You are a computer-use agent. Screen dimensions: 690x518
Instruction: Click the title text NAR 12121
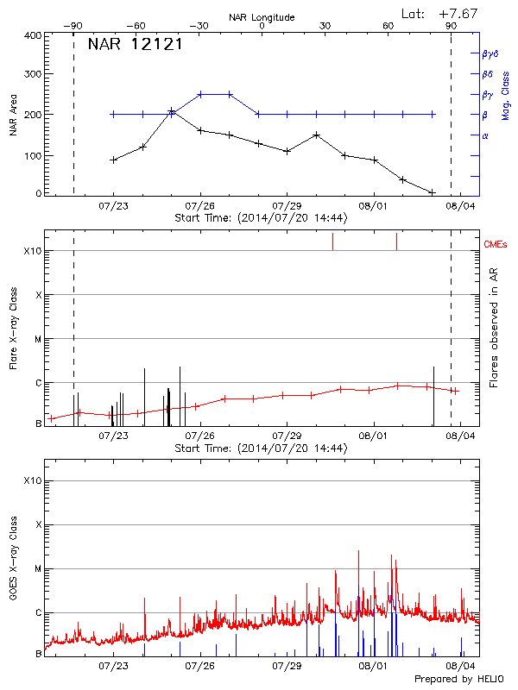coord(136,45)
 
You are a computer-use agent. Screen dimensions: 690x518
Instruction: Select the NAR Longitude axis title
coord(262,17)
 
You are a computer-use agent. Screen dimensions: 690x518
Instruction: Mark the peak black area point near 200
coord(172,111)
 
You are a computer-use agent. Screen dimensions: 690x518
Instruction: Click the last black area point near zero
coord(433,192)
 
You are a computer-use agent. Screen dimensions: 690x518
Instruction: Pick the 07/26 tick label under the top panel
coord(200,206)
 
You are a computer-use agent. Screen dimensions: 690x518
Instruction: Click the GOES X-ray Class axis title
coord(13,564)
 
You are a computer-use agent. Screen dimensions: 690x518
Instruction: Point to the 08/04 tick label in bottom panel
coord(460,667)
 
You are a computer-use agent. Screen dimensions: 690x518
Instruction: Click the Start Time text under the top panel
coord(261,217)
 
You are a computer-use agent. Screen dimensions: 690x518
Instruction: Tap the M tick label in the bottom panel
coord(38,568)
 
